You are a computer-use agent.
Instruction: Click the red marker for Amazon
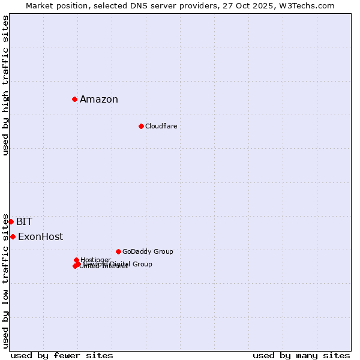(74, 99)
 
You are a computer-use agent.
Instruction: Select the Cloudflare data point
(141, 126)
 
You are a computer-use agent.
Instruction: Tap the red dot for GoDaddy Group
(118, 251)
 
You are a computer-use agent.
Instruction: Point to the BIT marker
(11, 221)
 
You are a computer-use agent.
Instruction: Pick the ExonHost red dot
(13, 236)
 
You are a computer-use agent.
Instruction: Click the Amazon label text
(99, 100)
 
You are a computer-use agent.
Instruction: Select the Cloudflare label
(161, 126)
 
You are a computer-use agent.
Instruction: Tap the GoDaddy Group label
(148, 251)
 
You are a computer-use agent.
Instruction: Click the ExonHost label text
(40, 236)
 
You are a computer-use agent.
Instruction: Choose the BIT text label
(24, 222)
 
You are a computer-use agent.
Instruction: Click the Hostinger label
(95, 260)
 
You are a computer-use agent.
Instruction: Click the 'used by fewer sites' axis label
(62, 355)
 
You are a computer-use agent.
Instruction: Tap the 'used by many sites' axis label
(301, 355)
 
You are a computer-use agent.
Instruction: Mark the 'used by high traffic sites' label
(6, 85)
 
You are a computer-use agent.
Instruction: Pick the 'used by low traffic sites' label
(6, 280)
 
